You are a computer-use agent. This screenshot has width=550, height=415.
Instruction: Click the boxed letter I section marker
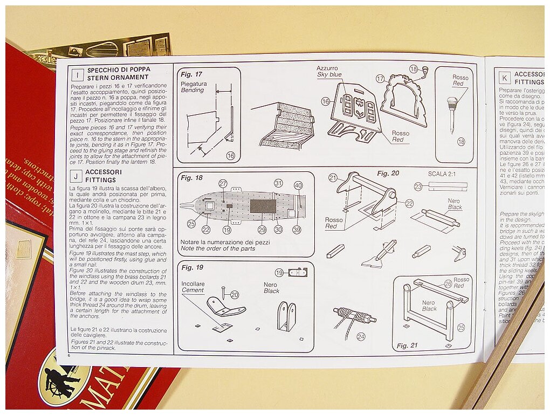tap(77, 74)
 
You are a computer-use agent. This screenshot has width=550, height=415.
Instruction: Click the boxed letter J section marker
tap(77, 176)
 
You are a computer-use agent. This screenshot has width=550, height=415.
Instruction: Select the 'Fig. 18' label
tap(191, 177)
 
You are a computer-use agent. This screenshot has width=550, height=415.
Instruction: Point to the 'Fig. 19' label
tap(192, 267)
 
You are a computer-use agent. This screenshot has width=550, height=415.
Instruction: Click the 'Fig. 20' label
tap(388, 174)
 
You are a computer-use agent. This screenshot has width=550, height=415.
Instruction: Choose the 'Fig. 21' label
tap(407, 345)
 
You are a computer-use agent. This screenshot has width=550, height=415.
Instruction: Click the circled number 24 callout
tap(361, 336)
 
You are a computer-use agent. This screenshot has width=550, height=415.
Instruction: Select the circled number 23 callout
tap(418, 186)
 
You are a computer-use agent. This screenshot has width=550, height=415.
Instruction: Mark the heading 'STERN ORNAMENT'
tap(111, 78)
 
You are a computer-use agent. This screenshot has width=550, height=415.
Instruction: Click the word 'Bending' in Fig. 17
tap(192, 90)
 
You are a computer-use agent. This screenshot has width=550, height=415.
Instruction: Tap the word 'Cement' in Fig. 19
tap(192, 290)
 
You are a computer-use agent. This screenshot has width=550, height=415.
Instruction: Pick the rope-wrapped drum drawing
tap(354, 316)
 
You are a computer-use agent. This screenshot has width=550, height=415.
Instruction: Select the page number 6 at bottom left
tap(70, 356)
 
